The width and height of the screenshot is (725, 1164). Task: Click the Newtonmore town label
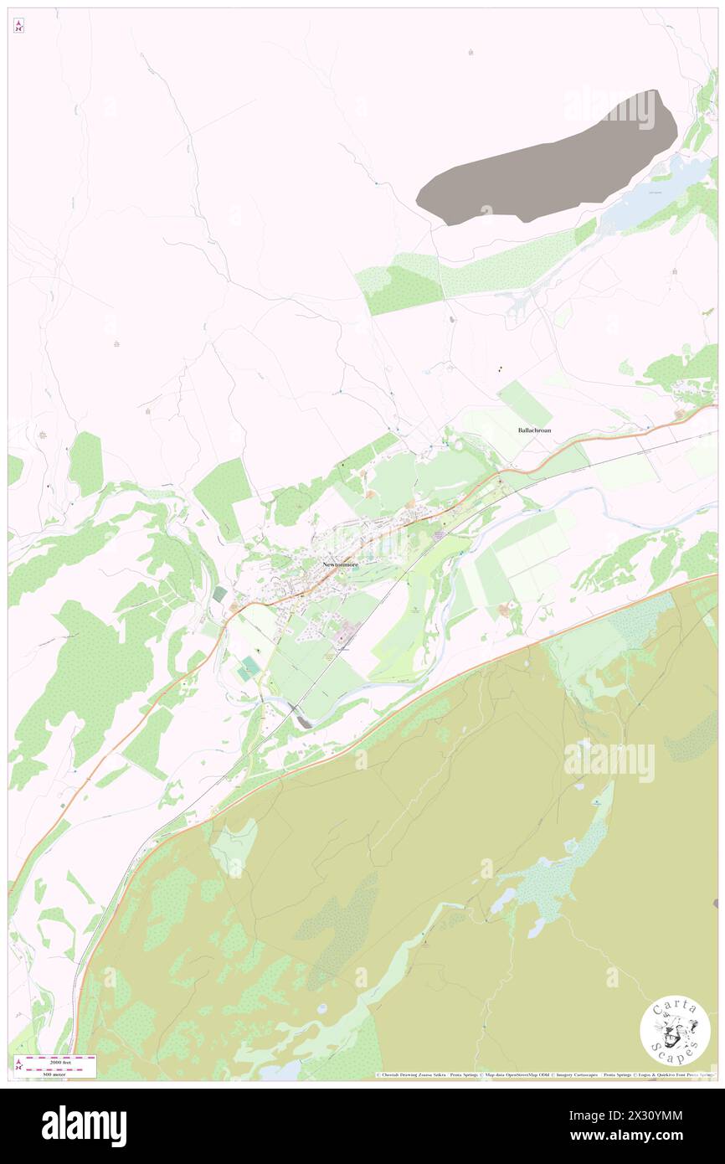tap(341, 564)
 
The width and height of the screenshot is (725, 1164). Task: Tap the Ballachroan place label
tap(534, 430)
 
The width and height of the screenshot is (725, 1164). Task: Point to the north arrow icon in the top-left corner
tap(18, 26)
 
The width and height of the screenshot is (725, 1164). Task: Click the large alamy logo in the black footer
tap(84, 1126)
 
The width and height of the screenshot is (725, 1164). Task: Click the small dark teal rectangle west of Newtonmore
tap(219, 594)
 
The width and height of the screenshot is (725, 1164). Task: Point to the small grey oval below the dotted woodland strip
tap(453, 319)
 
